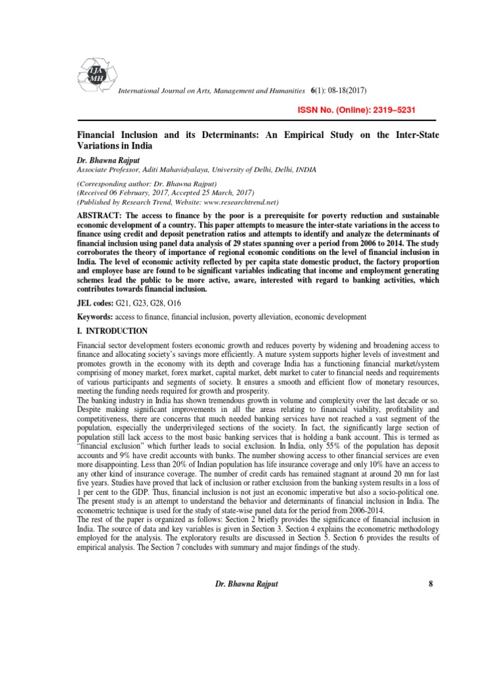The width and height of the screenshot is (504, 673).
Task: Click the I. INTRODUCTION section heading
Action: (112, 331)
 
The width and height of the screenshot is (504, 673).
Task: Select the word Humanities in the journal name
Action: (284, 89)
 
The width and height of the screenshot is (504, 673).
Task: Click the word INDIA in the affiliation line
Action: (303, 169)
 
